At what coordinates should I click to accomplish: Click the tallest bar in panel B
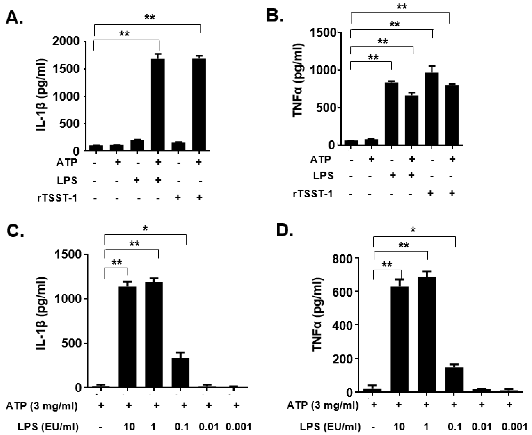point(432,109)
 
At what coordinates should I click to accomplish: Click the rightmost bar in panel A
point(199,105)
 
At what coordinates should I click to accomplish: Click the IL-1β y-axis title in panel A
point(41,95)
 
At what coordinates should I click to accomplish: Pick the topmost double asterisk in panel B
point(402,7)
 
